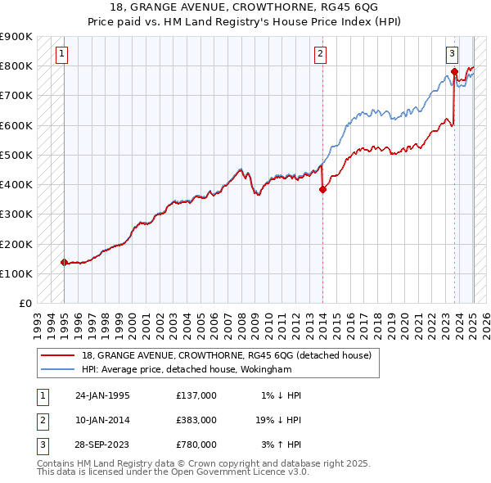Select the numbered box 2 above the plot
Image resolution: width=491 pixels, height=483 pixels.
[320, 55]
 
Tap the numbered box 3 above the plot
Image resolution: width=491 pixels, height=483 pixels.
[453, 55]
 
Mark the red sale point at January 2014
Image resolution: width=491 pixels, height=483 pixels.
[322, 189]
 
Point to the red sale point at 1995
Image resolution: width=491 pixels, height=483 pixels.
[64, 262]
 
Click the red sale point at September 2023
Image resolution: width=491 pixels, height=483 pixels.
[454, 72]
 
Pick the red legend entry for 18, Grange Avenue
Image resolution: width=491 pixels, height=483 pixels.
[226, 356]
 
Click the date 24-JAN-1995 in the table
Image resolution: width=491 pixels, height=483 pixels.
[102, 395]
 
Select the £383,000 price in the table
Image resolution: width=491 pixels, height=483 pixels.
[196, 420]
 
